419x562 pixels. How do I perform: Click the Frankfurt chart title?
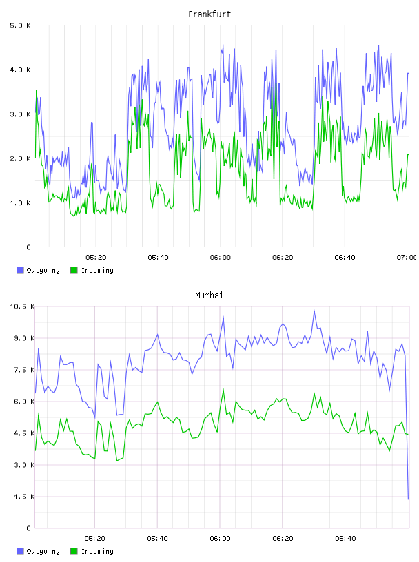click(x=209, y=14)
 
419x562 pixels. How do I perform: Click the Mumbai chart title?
click(x=209, y=295)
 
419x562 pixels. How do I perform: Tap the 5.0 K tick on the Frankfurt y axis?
click(x=20, y=25)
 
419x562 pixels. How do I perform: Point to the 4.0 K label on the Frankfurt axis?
click(x=20, y=70)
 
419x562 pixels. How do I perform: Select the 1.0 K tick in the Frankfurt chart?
click(x=20, y=203)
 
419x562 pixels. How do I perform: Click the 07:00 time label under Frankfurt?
click(x=407, y=258)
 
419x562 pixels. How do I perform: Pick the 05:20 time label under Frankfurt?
click(x=96, y=258)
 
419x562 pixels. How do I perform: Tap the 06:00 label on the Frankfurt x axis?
click(x=221, y=258)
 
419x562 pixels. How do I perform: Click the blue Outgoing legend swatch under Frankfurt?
click(x=20, y=270)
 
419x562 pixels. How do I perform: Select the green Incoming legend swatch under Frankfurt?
click(x=74, y=270)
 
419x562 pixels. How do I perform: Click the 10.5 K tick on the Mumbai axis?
click(x=22, y=306)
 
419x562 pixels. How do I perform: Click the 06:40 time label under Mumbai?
click(x=345, y=539)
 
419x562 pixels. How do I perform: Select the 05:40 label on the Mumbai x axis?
click(x=158, y=539)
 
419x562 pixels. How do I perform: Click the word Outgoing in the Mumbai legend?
click(x=43, y=551)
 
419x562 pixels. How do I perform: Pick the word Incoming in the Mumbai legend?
click(x=97, y=551)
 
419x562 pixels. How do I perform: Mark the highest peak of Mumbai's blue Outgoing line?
click(x=314, y=311)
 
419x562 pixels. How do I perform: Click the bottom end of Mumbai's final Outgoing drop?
click(x=408, y=499)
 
